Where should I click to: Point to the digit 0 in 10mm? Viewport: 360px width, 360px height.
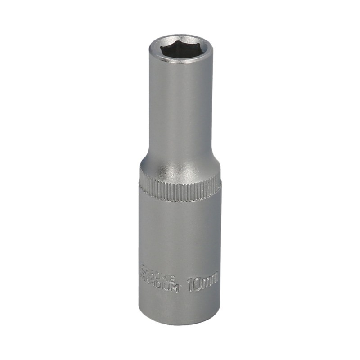198,284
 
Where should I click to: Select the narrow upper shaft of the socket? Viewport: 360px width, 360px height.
180,108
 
